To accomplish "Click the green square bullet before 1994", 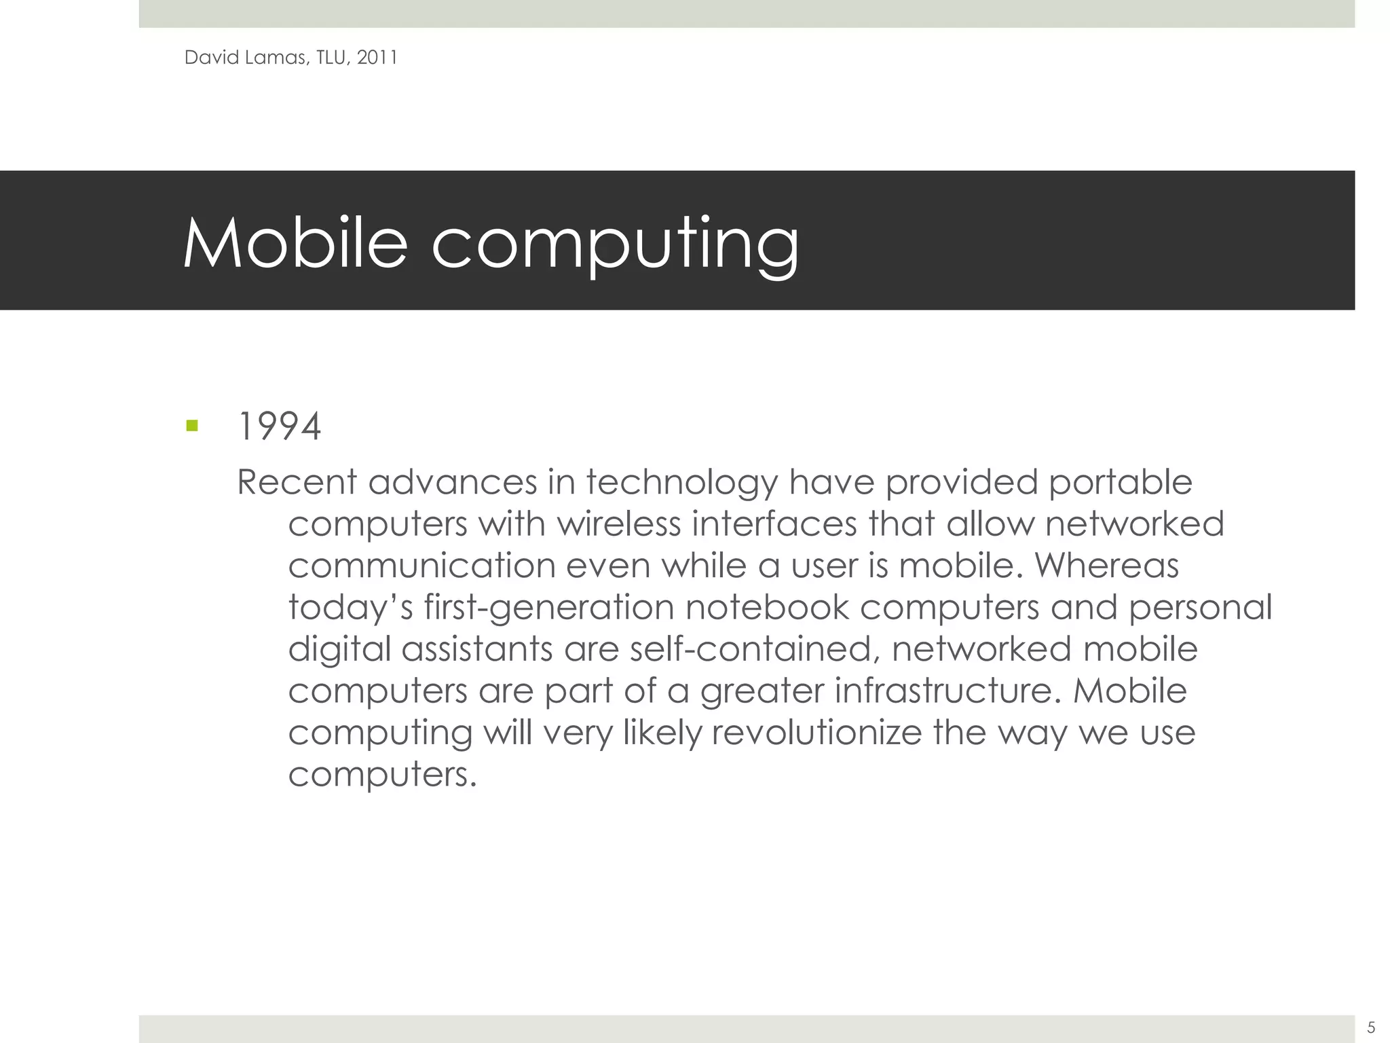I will pos(191,426).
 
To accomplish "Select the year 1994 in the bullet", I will pos(279,428).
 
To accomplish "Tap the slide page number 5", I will pos(1371,1027).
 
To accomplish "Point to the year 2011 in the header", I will pos(377,58).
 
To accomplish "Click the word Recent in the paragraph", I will pos(297,483).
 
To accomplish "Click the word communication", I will pos(421,566).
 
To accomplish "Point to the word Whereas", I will pos(1106,566).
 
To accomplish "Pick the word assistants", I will pos(476,650).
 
